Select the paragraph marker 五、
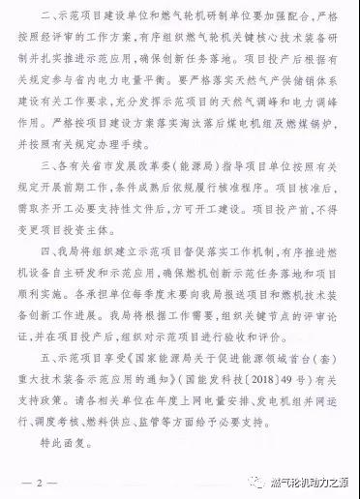coord(48,380)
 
